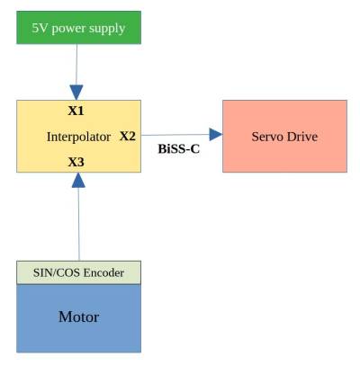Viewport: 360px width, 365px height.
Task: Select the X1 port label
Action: point(76,111)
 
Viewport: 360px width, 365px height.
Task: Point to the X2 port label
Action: point(128,137)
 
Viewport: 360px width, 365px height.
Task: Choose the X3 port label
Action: point(76,163)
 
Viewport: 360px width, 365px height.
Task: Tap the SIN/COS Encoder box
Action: point(78,272)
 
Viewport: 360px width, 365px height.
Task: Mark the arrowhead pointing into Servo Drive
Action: point(215,135)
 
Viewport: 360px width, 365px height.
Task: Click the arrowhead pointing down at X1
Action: point(76,92)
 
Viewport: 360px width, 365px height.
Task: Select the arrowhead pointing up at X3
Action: point(78,180)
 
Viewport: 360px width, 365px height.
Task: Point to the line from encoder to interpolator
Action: point(78,225)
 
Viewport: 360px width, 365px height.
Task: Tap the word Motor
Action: point(78,317)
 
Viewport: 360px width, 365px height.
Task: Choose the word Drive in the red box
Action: point(303,137)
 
